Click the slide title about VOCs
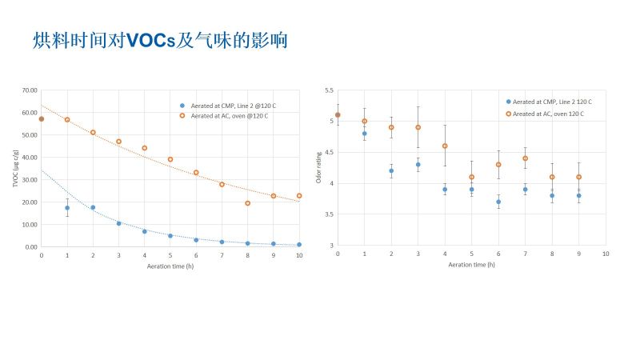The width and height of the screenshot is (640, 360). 160,40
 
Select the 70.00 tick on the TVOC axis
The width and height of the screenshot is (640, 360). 30,90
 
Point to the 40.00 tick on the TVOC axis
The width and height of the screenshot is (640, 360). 30,158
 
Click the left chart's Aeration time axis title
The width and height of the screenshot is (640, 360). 170,266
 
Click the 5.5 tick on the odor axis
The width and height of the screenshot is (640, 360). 329,90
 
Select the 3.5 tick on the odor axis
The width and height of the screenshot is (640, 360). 329,214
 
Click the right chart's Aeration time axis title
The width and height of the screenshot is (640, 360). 472,264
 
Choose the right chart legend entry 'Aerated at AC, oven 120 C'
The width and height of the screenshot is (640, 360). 548,114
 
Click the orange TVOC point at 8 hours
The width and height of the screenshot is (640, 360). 247,203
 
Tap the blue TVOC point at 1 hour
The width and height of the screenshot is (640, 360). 67,208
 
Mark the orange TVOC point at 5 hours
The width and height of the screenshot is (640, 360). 170,159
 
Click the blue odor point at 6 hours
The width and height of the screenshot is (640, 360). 498,202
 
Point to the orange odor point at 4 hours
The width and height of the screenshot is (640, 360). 445,146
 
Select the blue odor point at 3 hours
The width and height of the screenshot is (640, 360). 418,165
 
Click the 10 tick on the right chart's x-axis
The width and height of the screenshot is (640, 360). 606,254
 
